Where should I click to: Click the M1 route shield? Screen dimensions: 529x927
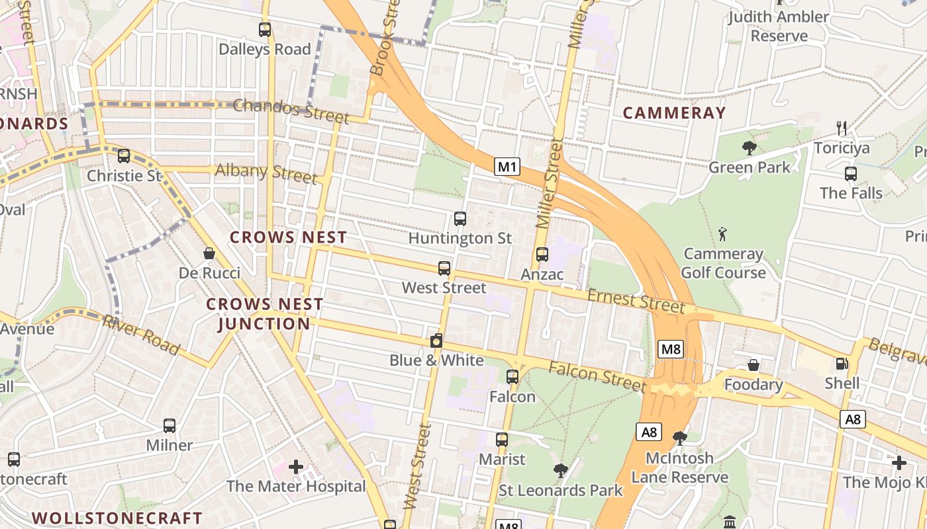(507, 167)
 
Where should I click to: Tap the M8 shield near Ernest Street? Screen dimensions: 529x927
(670, 349)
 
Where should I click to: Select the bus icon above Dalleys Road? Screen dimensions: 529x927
(265, 30)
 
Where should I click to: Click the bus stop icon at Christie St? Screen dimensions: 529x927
(124, 156)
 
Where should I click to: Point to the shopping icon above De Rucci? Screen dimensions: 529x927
(209, 253)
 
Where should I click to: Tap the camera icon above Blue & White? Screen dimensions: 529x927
(436, 341)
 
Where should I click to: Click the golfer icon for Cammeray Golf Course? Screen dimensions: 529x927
(722, 234)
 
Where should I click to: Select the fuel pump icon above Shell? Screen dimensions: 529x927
(842, 364)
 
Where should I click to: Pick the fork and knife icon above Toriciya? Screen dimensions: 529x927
(842, 128)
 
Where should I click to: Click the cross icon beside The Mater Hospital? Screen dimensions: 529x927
(296, 467)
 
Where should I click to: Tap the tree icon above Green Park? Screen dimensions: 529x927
(750, 147)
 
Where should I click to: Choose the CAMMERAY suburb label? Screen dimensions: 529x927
(674, 113)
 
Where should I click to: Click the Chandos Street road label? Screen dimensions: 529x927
(291, 110)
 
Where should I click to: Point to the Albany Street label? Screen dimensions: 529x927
(266, 173)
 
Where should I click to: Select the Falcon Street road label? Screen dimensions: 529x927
(597, 375)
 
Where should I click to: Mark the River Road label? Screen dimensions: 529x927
(140, 335)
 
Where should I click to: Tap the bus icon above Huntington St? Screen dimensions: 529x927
(460, 219)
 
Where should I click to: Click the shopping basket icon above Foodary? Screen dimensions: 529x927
(754, 365)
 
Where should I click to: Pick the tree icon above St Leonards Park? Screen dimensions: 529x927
(561, 471)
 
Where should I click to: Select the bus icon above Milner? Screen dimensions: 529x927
(170, 426)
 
